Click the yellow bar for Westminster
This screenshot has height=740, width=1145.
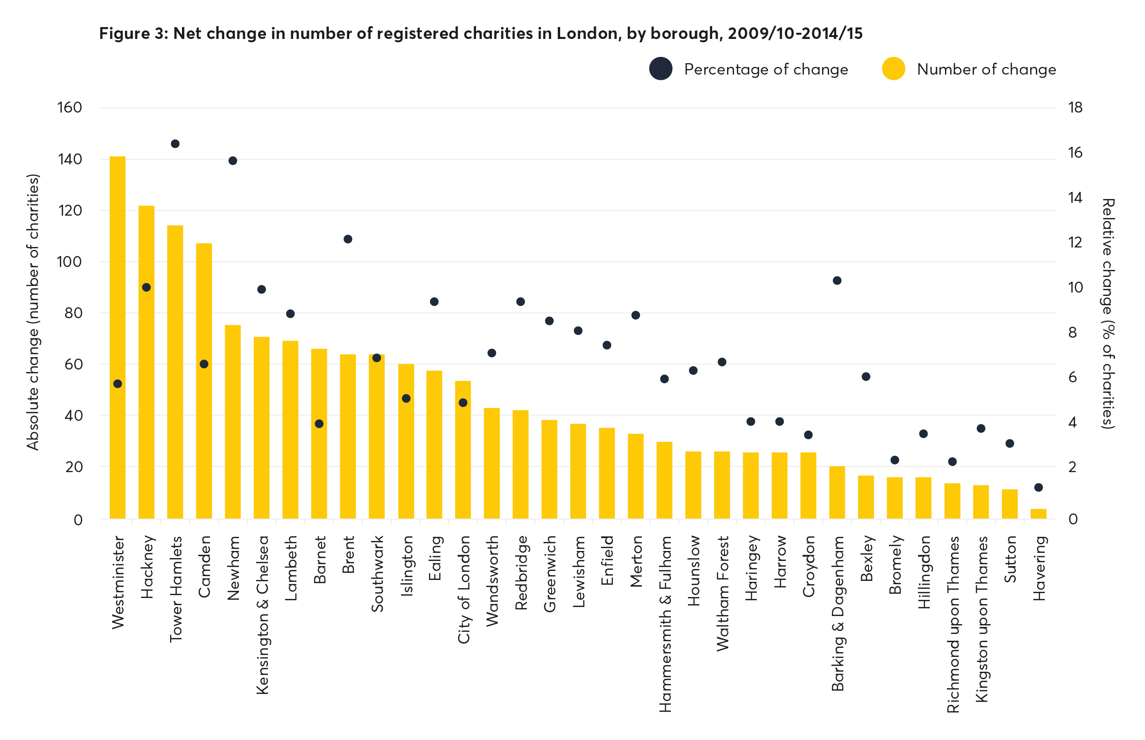(117, 336)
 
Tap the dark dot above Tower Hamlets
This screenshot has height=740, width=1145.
(175, 143)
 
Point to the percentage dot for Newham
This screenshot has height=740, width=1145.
(233, 161)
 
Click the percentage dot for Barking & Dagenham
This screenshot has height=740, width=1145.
(837, 281)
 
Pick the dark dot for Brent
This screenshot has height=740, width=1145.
(348, 239)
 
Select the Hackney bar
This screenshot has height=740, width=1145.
(146, 361)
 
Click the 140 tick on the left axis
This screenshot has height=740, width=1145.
(70, 159)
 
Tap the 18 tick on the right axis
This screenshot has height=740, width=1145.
(1075, 108)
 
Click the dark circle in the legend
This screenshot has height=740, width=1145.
(660, 69)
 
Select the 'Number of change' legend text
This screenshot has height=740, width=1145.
(986, 69)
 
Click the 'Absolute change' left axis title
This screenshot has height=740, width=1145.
(33, 313)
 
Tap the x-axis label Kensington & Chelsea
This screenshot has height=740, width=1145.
(262, 615)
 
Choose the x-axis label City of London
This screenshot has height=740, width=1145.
(463, 589)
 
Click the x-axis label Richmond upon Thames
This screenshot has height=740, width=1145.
(953, 624)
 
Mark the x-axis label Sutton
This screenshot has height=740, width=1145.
(1010, 560)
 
